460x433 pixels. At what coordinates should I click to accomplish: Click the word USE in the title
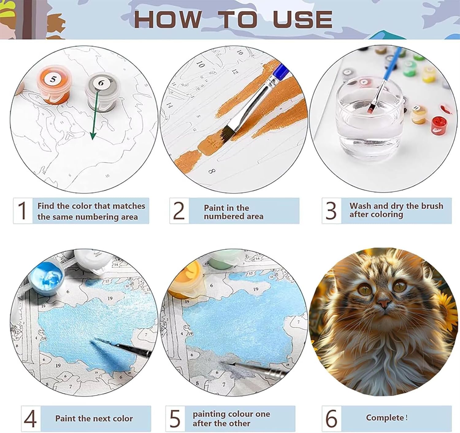coord(303,19)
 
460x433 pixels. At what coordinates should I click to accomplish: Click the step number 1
coord(22,210)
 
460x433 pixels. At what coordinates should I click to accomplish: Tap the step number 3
coord(331,210)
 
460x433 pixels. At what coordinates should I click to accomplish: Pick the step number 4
coord(30,419)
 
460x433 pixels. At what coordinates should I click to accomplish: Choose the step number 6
coord(332,418)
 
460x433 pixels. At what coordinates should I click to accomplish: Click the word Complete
coord(385,418)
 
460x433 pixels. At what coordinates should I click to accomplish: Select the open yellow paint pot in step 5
coord(186,278)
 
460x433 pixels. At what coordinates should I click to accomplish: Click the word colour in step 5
coord(241,414)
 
